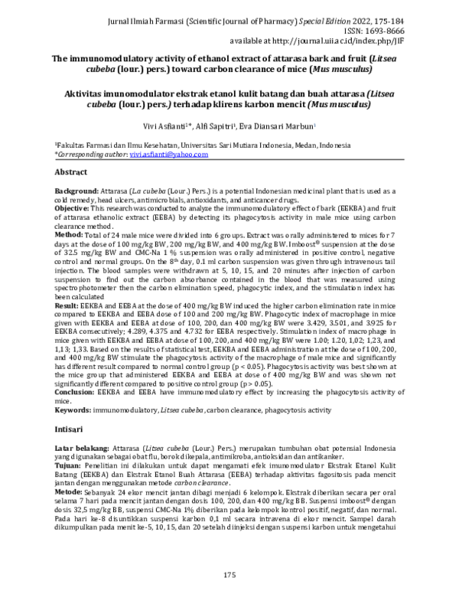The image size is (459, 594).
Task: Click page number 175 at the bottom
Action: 229,574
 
